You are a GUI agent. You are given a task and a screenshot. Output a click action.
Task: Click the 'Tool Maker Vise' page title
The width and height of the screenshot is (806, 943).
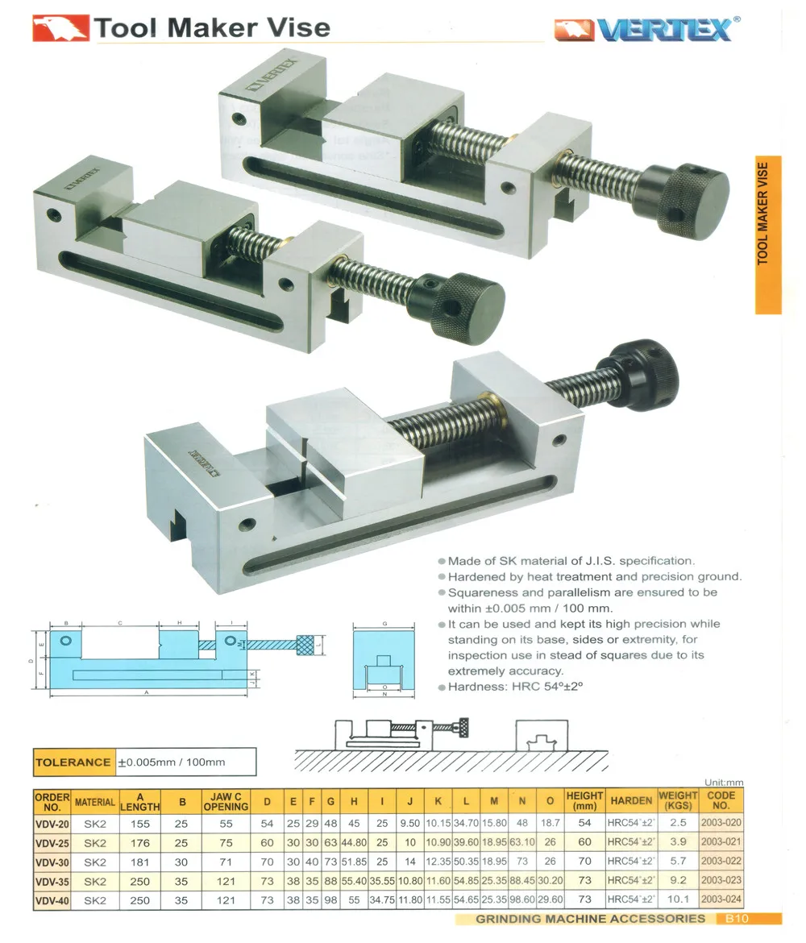[x=211, y=27]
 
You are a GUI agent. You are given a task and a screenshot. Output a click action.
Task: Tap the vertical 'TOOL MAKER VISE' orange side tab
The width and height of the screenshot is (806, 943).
[x=767, y=234]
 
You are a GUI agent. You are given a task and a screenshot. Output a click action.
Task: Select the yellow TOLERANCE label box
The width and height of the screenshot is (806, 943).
[x=73, y=762]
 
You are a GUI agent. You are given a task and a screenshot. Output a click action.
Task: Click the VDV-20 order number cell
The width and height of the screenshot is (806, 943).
[x=52, y=823]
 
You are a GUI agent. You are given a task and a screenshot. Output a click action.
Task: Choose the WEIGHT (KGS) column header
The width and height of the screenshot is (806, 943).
[x=678, y=800]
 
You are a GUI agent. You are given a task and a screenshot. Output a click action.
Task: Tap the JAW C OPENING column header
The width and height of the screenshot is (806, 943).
[x=226, y=800]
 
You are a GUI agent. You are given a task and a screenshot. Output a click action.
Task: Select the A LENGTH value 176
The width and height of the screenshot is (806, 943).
[x=140, y=842]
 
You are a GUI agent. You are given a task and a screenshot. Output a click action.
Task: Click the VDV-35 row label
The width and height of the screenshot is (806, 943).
[x=52, y=881]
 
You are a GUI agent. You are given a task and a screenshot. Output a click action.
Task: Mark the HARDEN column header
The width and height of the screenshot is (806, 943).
[x=631, y=800]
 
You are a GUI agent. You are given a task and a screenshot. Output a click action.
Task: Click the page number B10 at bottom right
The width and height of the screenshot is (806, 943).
[x=737, y=919]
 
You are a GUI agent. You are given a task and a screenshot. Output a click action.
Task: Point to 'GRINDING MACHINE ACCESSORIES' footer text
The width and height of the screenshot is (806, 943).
[x=590, y=919]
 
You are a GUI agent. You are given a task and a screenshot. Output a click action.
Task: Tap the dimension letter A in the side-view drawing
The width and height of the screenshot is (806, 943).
[x=146, y=692]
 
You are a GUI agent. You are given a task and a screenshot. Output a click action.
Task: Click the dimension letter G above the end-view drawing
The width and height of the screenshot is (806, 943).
[x=387, y=624]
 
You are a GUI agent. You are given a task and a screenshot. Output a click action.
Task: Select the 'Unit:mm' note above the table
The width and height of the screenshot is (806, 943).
[x=724, y=783]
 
